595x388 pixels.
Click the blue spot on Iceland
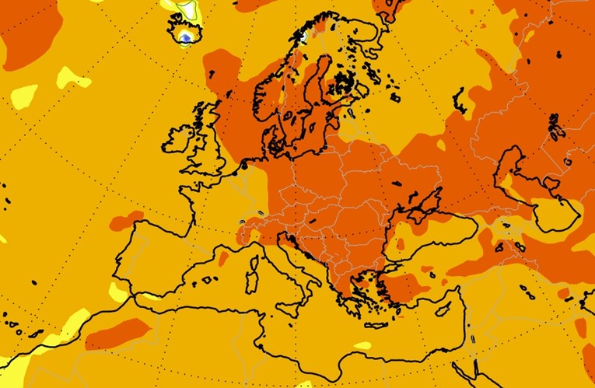(x=185, y=37)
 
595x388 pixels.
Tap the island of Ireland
(x=177, y=141)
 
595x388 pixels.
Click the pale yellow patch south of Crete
(x=362, y=345)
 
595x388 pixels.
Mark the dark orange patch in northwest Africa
(x=117, y=333)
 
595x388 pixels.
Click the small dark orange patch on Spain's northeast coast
(x=223, y=257)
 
